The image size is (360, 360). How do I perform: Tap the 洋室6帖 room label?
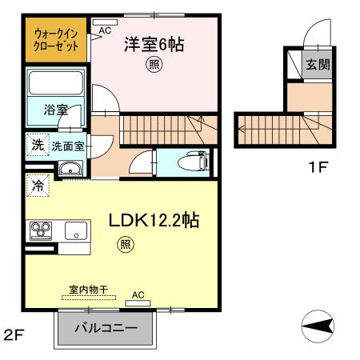pyautogui.click(x=154, y=46)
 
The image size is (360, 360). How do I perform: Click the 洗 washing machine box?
pyautogui.click(x=37, y=146)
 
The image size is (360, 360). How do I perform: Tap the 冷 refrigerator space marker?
pyautogui.click(x=38, y=186)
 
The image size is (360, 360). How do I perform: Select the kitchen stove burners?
pyautogui.click(x=40, y=230)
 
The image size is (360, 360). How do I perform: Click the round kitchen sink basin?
pyautogui.click(x=76, y=234)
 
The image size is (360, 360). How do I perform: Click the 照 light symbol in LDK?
pyautogui.click(x=125, y=244)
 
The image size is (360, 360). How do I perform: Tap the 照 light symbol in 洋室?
pyautogui.click(x=153, y=67)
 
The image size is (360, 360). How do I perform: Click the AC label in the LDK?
pyautogui.click(x=138, y=294)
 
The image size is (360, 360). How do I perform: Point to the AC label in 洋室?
pyautogui.click(x=105, y=31)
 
